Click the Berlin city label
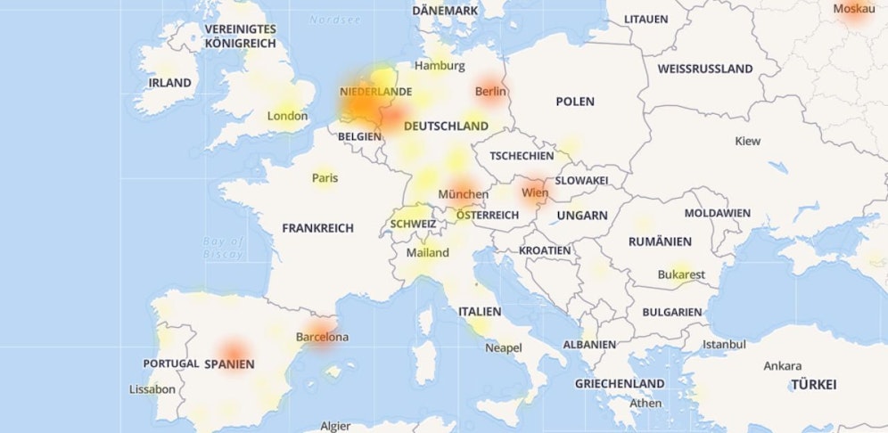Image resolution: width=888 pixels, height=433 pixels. (x=490, y=91)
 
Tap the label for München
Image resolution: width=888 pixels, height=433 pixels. (x=463, y=194)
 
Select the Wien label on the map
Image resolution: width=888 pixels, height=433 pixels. (x=535, y=192)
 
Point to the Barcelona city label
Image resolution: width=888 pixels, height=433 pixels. (x=322, y=338)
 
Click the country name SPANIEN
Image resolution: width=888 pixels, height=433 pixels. (x=229, y=364)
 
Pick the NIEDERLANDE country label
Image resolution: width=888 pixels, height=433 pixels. (x=375, y=91)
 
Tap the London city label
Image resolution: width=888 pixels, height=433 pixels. (x=287, y=116)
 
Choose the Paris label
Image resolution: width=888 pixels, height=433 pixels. (x=325, y=178)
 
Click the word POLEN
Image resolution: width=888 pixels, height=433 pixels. (x=575, y=102)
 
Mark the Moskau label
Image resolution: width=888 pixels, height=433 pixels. (x=853, y=9)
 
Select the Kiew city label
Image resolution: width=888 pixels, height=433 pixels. (x=747, y=141)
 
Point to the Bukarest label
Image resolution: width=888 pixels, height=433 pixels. (x=681, y=274)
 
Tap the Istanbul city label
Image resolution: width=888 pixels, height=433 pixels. (x=724, y=344)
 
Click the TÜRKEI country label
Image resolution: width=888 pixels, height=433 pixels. (x=813, y=385)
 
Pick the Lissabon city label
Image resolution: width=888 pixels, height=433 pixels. (x=152, y=389)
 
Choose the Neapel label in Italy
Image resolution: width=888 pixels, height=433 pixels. (x=503, y=347)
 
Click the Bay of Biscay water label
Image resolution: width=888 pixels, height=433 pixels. (x=223, y=247)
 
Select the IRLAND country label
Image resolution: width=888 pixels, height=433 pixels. (x=169, y=83)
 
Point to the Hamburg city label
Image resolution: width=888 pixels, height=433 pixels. (x=440, y=66)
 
